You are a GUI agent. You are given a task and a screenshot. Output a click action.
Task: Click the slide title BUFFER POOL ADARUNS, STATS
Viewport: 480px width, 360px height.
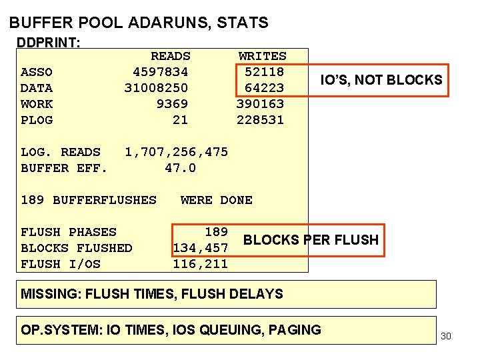pyautogui.click(x=139, y=23)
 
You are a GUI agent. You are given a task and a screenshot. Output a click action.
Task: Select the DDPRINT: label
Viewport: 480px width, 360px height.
pyautogui.click(x=49, y=43)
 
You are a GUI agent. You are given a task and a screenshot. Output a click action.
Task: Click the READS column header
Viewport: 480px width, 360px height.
pyautogui.click(x=170, y=56)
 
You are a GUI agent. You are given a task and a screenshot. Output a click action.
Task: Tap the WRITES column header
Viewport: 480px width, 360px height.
pyautogui.click(x=262, y=56)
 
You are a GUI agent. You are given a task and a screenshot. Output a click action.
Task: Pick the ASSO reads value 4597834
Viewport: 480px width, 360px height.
pyautogui.click(x=160, y=72)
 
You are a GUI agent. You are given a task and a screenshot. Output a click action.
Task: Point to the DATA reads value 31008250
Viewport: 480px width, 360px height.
pyautogui.click(x=156, y=88)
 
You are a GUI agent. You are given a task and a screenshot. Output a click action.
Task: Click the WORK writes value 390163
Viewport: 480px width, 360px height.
pyautogui.click(x=260, y=104)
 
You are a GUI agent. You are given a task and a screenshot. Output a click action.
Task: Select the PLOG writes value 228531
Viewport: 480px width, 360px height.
pyautogui.click(x=260, y=120)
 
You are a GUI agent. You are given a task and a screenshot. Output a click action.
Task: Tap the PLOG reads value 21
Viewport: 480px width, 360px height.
pyautogui.click(x=180, y=120)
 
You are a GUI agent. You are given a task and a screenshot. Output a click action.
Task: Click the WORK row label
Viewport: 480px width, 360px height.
pyautogui.click(x=37, y=104)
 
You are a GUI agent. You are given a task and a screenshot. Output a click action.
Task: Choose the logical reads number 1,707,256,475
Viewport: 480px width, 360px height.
pyautogui.click(x=176, y=152)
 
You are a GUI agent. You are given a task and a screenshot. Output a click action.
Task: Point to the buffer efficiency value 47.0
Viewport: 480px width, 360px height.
pyautogui.click(x=180, y=168)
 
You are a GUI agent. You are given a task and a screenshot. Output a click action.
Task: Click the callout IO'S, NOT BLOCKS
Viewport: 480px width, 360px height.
pyautogui.click(x=381, y=81)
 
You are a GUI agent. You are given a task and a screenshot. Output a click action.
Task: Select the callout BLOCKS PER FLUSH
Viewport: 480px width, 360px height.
pyautogui.click(x=311, y=240)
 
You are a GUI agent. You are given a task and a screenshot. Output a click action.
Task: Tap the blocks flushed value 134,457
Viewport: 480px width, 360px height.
pyautogui.click(x=201, y=248)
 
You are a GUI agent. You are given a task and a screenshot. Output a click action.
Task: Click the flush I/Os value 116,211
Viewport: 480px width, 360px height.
pyautogui.click(x=201, y=264)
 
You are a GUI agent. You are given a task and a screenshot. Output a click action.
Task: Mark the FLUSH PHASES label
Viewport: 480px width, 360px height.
pyautogui.click(x=69, y=232)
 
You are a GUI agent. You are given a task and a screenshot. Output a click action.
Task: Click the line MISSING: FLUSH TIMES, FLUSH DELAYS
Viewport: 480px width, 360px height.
pyautogui.click(x=152, y=294)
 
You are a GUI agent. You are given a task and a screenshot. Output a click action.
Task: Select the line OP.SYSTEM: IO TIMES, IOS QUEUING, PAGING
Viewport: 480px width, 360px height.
pyautogui.click(x=171, y=330)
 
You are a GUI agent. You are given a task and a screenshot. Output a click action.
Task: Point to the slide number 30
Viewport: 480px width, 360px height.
pyautogui.click(x=446, y=336)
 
